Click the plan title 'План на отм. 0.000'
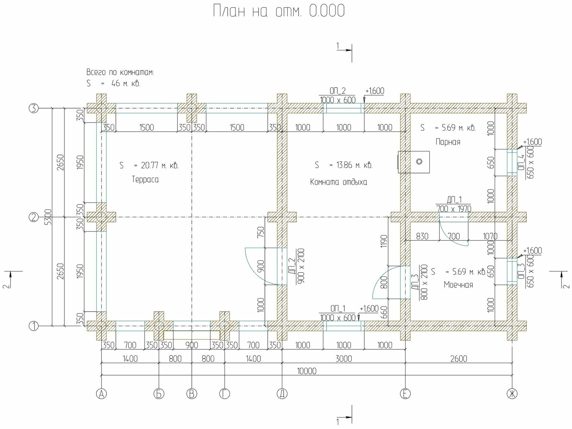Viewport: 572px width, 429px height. point(279,11)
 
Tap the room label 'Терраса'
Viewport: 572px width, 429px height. point(145,179)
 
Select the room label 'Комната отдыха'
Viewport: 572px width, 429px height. point(338,182)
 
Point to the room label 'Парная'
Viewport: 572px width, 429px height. point(448,142)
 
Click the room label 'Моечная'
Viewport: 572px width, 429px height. point(458,285)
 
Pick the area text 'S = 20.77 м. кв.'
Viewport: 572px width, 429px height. point(149,165)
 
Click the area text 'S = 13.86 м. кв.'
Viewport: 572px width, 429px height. point(344,165)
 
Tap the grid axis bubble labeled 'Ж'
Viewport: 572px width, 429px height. point(512,394)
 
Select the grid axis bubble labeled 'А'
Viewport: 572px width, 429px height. point(101,394)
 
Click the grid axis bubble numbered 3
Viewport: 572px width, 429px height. point(34,108)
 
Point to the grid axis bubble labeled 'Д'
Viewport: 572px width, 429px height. point(282,394)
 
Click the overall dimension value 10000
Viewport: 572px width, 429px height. point(307,371)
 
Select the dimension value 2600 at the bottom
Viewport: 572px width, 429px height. point(459,359)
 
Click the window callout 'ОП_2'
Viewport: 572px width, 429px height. point(337,91)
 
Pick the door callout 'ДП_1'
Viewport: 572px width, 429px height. point(454,200)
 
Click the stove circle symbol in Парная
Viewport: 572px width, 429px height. point(419,161)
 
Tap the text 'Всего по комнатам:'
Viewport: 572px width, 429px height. point(120,72)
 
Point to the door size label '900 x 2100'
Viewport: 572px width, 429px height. point(300,266)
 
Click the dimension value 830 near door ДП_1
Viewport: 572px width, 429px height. point(422,236)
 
